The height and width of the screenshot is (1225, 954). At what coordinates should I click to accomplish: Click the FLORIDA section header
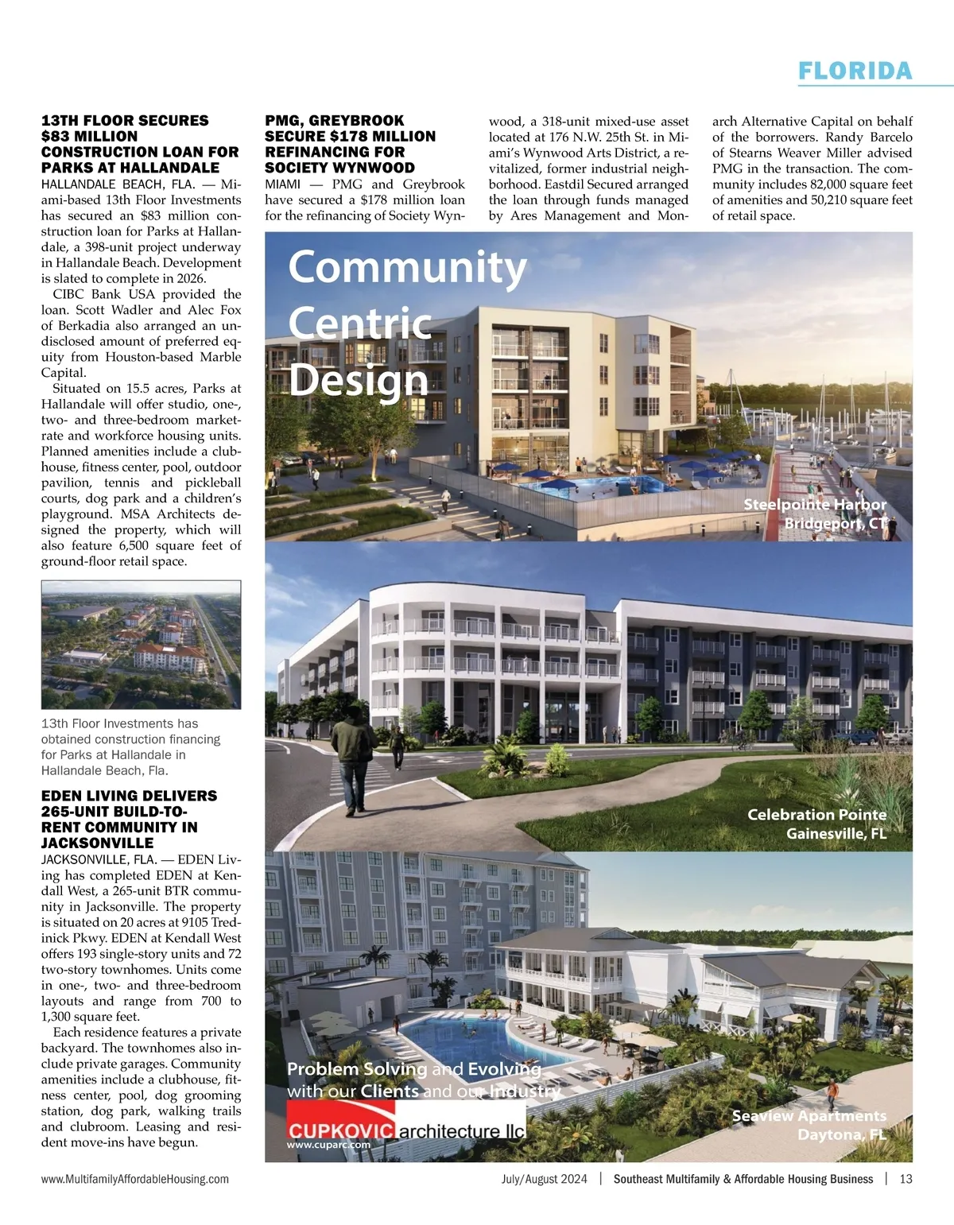tap(855, 71)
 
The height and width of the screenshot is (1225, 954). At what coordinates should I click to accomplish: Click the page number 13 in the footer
tap(906, 1179)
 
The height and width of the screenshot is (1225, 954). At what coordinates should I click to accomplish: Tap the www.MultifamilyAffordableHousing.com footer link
tap(135, 1179)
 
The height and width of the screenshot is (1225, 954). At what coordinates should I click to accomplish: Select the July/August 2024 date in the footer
tap(545, 1179)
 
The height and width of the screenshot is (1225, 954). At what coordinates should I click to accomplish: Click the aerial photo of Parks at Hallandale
tap(141, 645)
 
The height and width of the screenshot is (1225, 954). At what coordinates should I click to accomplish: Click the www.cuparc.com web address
tap(329, 1146)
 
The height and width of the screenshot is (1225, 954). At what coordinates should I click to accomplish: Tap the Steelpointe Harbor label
tap(814, 505)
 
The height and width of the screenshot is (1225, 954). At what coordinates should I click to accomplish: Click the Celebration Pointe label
tap(816, 814)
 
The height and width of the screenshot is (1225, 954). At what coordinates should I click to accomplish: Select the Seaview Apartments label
tap(809, 1116)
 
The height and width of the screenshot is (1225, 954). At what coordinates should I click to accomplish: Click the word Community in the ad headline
tap(407, 267)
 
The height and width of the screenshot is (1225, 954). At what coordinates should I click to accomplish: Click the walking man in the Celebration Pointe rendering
tap(354, 759)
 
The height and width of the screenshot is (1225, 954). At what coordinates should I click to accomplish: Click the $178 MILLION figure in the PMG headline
tap(382, 136)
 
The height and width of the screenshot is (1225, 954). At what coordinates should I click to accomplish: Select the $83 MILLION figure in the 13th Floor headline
tap(89, 136)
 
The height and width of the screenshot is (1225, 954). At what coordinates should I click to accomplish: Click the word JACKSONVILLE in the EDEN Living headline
tap(97, 843)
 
